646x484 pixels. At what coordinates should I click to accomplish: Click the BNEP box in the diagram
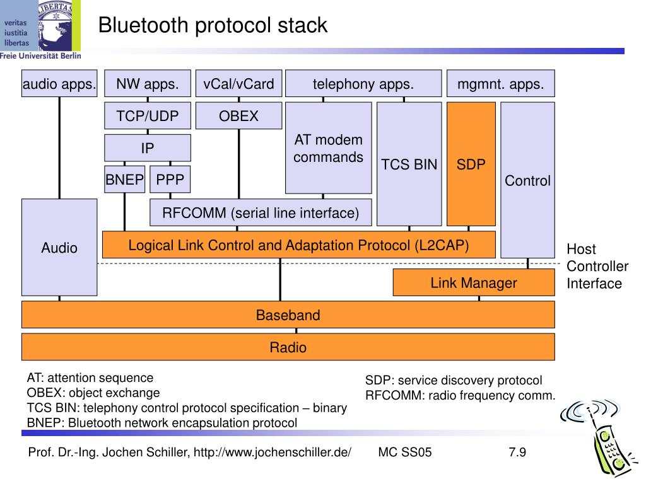125,180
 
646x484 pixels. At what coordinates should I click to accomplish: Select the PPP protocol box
170,180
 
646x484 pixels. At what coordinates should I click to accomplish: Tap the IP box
148,147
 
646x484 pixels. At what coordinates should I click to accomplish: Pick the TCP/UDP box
148,116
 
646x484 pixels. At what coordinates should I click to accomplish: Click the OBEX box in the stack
239,116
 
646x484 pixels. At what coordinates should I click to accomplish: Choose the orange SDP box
471,164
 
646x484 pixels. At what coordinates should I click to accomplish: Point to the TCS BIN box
409,164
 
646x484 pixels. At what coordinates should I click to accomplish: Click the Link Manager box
474,282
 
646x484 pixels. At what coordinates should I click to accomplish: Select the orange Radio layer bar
288,347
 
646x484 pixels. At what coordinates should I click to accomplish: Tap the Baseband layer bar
288,315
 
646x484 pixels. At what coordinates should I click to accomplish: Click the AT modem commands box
328,148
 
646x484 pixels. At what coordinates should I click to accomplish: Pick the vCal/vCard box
239,84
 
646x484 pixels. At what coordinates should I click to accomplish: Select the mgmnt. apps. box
500,84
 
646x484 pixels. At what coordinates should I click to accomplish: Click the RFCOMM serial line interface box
261,212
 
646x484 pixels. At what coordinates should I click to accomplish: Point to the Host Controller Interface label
597,267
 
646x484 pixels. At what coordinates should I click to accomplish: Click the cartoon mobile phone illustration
596,439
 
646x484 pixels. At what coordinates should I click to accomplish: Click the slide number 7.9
517,452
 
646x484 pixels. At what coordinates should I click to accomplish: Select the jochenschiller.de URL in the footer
273,452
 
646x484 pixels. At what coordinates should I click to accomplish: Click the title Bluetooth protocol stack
213,25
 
